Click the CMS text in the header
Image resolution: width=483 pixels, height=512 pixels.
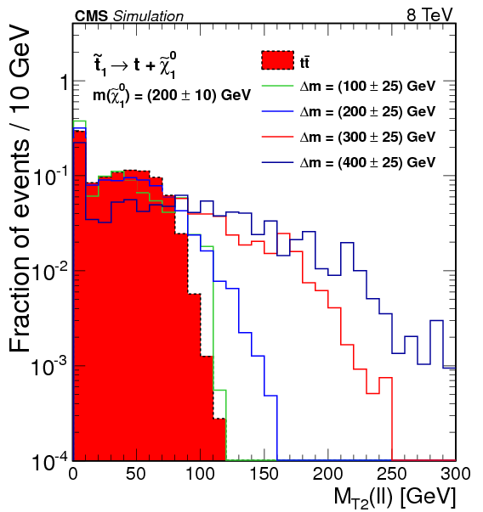tap(92, 14)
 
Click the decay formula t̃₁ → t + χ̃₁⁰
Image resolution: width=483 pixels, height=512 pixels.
tap(136, 65)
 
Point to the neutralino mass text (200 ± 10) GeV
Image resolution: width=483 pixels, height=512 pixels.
tap(171, 96)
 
